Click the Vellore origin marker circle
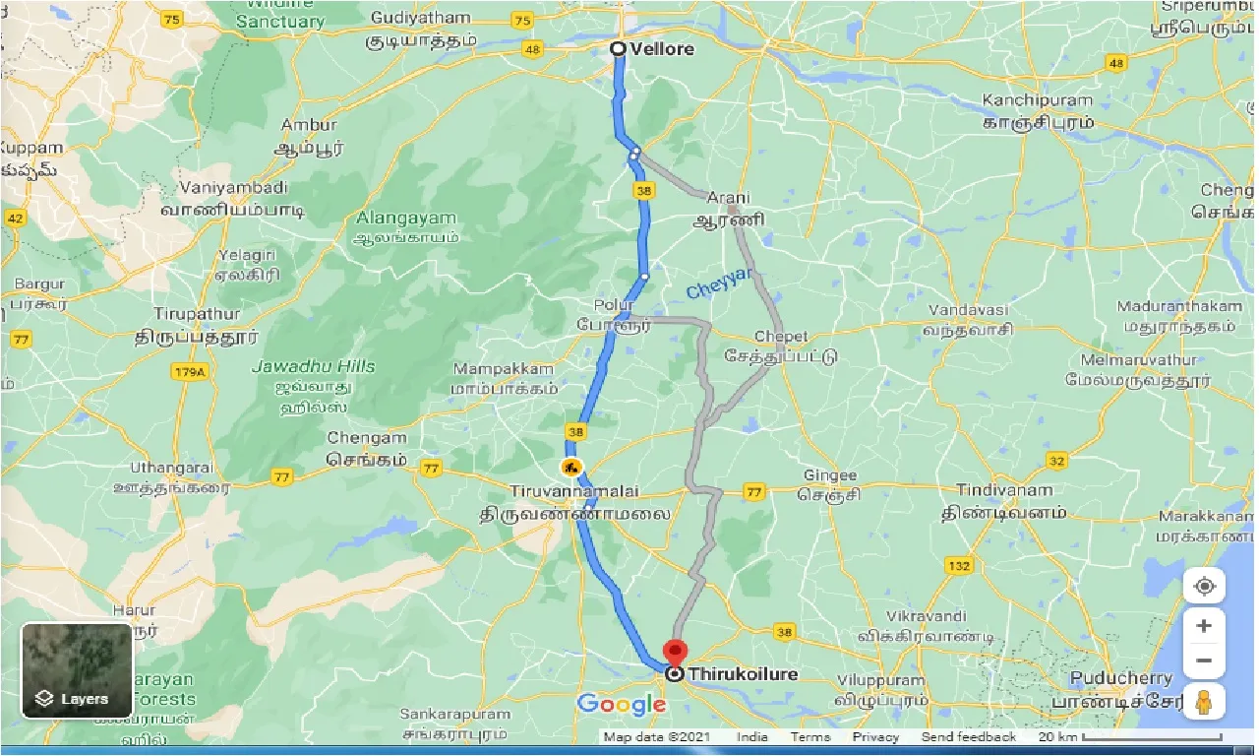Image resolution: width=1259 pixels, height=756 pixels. pyautogui.click(x=618, y=49)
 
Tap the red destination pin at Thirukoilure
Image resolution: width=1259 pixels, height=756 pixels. pyautogui.click(x=675, y=653)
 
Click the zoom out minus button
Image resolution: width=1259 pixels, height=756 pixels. pyautogui.click(x=1204, y=661)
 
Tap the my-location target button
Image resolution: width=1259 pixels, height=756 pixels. pyautogui.click(x=1204, y=587)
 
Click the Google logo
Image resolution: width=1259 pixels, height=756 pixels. pyautogui.click(x=621, y=704)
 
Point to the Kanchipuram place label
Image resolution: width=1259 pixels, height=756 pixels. pyautogui.click(x=1037, y=100)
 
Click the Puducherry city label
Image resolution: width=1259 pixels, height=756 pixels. pyautogui.click(x=1121, y=678)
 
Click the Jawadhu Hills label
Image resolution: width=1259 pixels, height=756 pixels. pyautogui.click(x=314, y=366)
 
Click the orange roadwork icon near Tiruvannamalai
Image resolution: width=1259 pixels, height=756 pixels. pyautogui.click(x=570, y=466)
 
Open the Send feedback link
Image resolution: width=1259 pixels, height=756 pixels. pyautogui.click(x=968, y=737)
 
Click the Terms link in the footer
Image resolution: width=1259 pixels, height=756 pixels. pyautogui.click(x=810, y=737)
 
